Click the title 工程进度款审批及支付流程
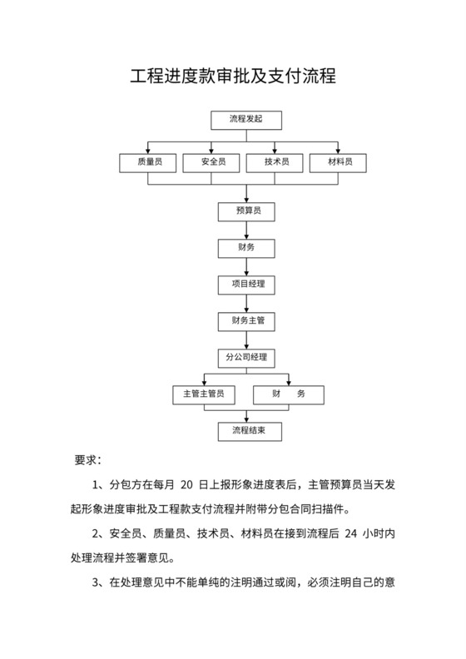[x=233, y=77]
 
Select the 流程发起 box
[x=245, y=120]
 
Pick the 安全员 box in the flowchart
[x=213, y=162]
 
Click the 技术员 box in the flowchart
[x=277, y=162]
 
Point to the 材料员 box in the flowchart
[x=340, y=162]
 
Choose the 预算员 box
[x=245, y=211]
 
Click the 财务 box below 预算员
[x=245, y=248]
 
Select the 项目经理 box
[x=245, y=285]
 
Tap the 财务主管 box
[x=245, y=320]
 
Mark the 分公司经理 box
[x=245, y=358]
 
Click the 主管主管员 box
[x=203, y=394]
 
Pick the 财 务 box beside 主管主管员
[x=288, y=394]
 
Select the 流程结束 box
[x=245, y=431]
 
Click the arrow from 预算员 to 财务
[x=245, y=230]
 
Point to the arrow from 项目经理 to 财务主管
[x=245, y=303]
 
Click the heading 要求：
[x=88, y=459]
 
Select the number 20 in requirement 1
[x=186, y=483]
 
